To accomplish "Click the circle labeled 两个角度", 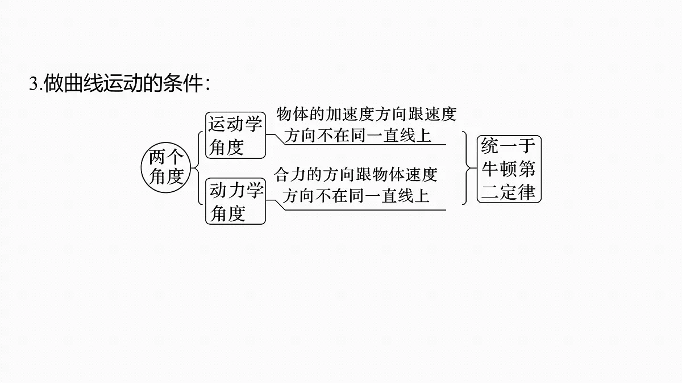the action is (x=166, y=167).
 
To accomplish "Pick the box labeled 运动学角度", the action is (x=235, y=135).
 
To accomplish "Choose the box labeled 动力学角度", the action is (x=235, y=201).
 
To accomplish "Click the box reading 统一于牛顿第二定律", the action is (x=509, y=169).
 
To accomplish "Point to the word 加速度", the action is (x=350, y=114).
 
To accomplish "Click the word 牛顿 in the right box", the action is (x=500, y=169).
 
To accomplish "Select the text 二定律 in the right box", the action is (x=508, y=192).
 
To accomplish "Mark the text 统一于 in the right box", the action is (x=508, y=146).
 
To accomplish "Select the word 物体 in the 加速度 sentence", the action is (x=293, y=114).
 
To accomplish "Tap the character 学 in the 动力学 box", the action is (x=255, y=191).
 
